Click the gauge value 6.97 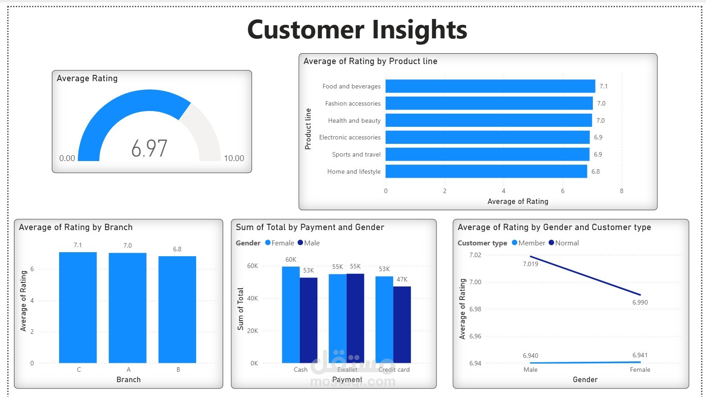[x=149, y=148]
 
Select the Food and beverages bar [x=490, y=86]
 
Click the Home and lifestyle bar [x=486, y=171]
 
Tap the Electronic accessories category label [x=350, y=137]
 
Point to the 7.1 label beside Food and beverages [x=603, y=86]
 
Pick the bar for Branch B [x=177, y=309]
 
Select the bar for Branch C [x=78, y=307]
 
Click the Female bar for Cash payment [x=291, y=314]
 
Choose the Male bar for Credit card [x=402, y=324]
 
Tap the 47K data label [x=402, y=279]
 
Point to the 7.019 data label [x=530, y=264]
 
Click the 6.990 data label [x=640, y=302]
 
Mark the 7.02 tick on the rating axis [x=475, y=255]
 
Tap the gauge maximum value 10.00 [x=234, y=158]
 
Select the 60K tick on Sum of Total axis [x=252, y=266]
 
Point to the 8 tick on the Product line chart [x=621, y=191]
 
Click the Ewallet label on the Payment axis [x=347, y=369]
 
